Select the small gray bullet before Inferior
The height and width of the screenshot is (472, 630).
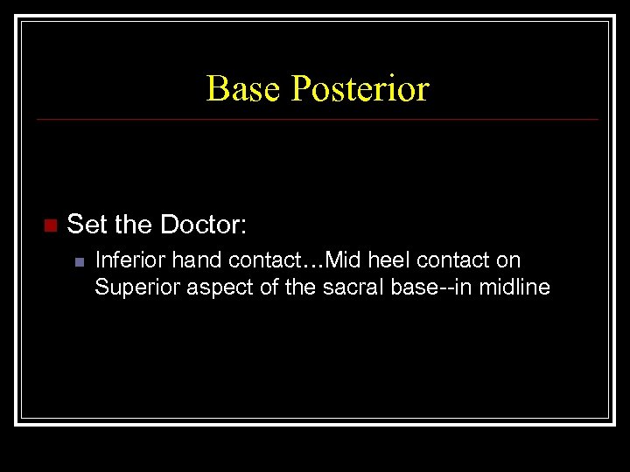pyautogui.click(x=79, y=261)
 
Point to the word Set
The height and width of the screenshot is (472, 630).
pyautogui.click(x=87, y=225)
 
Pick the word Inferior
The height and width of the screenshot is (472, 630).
pyautogui.click(x=127, y=260)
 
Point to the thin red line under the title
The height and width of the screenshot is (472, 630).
pyautogui.click(x=315, y=119)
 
